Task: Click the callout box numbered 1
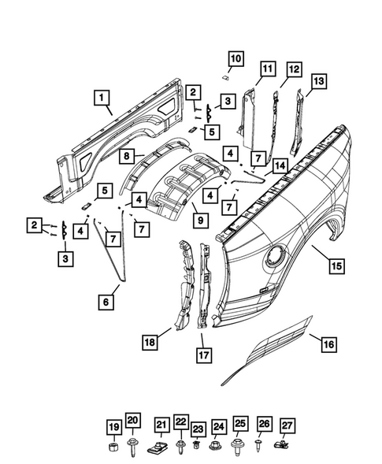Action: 102,98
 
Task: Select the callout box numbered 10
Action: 237,58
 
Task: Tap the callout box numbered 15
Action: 336,266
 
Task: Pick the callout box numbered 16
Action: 329,343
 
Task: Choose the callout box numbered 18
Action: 149,341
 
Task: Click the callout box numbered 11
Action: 268,69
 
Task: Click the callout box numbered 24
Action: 219,427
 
